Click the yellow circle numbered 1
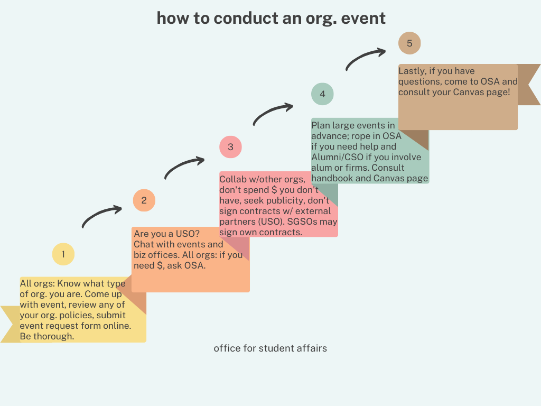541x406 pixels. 63,254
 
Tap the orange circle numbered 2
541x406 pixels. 144,200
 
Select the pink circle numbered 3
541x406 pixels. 230,147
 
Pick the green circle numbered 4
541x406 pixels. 322,94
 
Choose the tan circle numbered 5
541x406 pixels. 409,43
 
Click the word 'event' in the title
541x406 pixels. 363,18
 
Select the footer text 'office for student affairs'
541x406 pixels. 270,348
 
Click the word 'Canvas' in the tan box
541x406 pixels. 469,92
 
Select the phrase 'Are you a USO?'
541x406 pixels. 166,234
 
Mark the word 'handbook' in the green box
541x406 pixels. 332,178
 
